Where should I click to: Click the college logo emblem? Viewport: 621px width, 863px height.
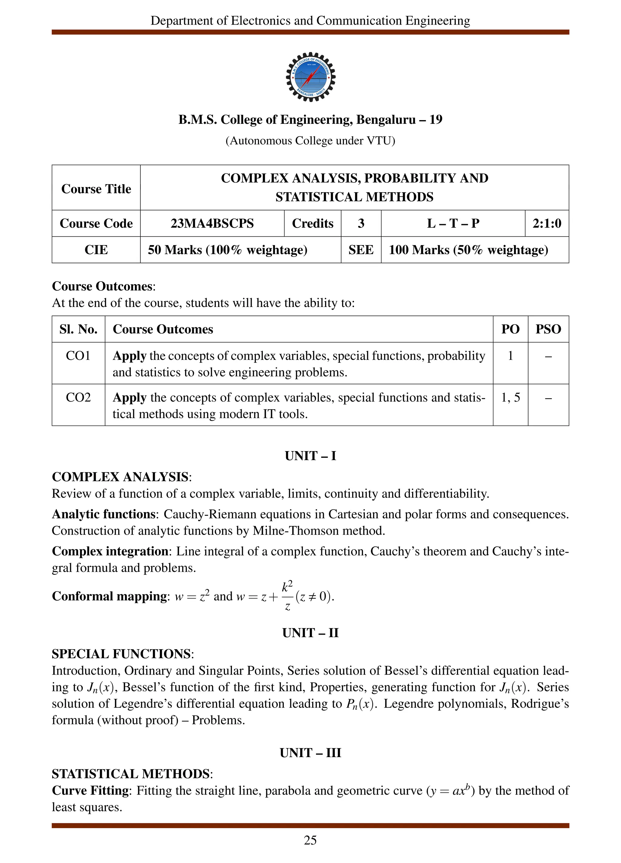[310, 77]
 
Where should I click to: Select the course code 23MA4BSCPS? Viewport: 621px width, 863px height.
[212, 223]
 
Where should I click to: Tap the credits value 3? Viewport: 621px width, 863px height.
[361, 223]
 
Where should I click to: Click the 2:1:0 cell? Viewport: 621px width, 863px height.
[546, 223]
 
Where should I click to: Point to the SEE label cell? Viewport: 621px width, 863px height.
[361, 250]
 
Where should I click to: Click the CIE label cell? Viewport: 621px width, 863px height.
[96, 250]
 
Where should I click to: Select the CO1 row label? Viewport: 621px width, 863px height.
[78, 356]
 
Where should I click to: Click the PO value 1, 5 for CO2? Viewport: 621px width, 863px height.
[510, 398]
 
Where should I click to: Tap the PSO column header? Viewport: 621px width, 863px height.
[548, 329]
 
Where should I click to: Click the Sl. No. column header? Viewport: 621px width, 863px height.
[78, 329]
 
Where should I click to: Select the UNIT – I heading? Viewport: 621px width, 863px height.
[310, 456]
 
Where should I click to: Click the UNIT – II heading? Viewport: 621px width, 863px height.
[310, 633]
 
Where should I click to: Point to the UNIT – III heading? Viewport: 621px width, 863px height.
[310, 753]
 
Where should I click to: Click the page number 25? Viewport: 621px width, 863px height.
[310, 840]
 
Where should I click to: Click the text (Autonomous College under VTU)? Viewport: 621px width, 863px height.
[310, 141]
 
